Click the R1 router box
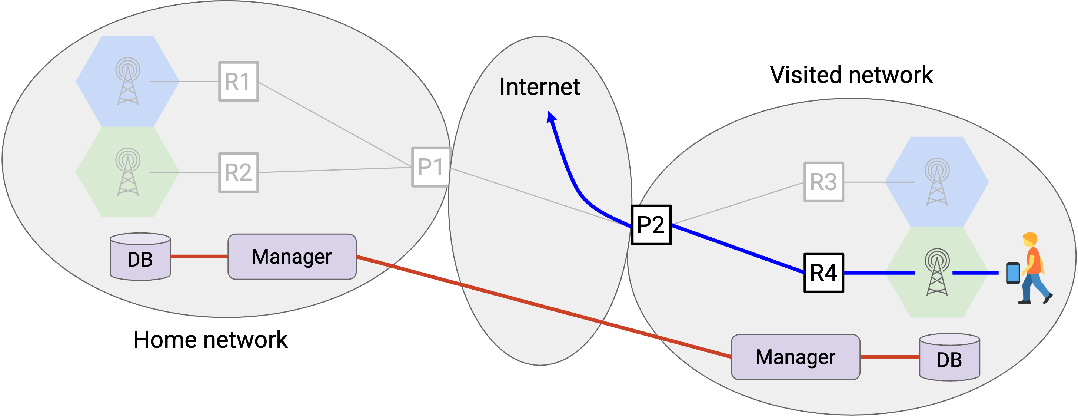pyautogui.click(x=239, y=81)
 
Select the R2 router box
pyautogui.click(x=239, y=172)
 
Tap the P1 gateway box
pyautogui.click(x=431, y=167)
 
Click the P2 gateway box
pyautogui.click(x=651, y=225)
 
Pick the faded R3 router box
pyautogui.click(x=824, y=182)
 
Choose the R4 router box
pyautogui.click(x=824, y=273)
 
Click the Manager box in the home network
pyautogui.click(x=292, y=257)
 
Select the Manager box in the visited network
pyautogui.click(x=795, y=357)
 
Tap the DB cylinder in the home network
pyautogui.click(x=140, y=257)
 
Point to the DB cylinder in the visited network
pyautogui.click(x=949, y=357)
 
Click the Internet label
pyautogui.click(x=539, y=87)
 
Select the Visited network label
pyautogui.click(x=851, y=75)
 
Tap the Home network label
pyautogui.click(x=210, y=339)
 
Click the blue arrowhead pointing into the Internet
pyautogui.click(x=551, y=117)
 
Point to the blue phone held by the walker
pyautogui.click(x=1013, y=273)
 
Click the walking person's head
pyautogui.click(x=1030, y=240)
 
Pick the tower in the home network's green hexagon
pyautogui.click(x=128, y=172)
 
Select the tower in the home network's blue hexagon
pyautogui.click(x=128, y=81)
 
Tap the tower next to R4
pyautogui.click(x=937, y=272)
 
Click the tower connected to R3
pyautogui.click(x=937, y=181)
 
